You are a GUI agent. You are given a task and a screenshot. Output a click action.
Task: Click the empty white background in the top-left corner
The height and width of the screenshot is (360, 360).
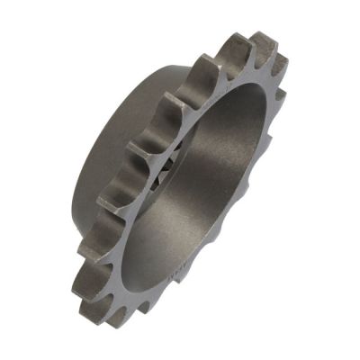coord(27,27)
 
